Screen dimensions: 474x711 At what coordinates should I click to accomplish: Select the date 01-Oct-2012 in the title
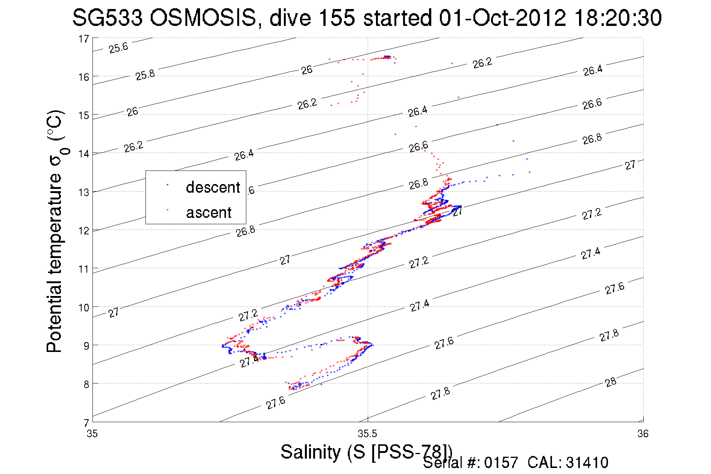[502, 18]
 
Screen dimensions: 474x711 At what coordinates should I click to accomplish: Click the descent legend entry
[212, 187]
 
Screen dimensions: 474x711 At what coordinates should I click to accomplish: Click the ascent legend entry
[209, 213]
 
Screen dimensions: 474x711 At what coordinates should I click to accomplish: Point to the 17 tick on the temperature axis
[84, 39]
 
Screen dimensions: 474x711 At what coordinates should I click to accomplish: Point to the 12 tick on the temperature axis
[84, 231]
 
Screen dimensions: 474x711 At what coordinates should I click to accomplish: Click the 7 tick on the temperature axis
[86, 422]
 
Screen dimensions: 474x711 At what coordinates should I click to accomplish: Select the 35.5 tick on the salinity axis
[367, 434]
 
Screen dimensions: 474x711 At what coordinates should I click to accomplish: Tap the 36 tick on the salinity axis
[643, 434]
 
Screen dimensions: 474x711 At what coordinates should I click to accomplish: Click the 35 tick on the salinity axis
[92, 434]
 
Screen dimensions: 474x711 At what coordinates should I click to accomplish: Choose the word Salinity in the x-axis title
[310, 452]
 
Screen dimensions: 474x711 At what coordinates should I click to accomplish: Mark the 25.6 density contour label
[118, 48]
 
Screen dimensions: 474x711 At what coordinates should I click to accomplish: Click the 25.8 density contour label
[145, 75]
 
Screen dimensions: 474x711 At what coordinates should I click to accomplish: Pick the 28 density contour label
[611, 382]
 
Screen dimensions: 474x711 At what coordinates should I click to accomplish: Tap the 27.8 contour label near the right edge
[609, 335]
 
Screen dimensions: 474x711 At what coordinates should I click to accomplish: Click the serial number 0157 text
[501, 463]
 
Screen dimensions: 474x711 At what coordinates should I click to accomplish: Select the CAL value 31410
[587, 463]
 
